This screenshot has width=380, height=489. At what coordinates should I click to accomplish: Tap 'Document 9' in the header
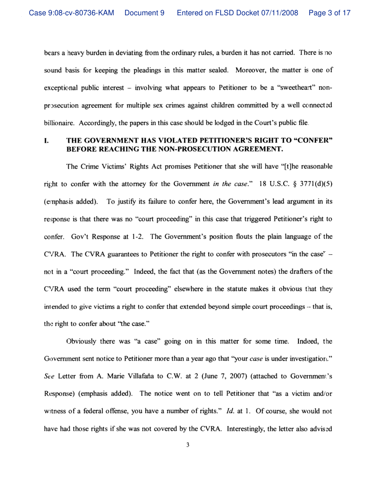click(x=145, y=13)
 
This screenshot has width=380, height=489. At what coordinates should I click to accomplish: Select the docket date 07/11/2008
click(x=279, y=13)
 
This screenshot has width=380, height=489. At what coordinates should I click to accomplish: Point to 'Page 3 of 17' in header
click(x=329, y=13)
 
